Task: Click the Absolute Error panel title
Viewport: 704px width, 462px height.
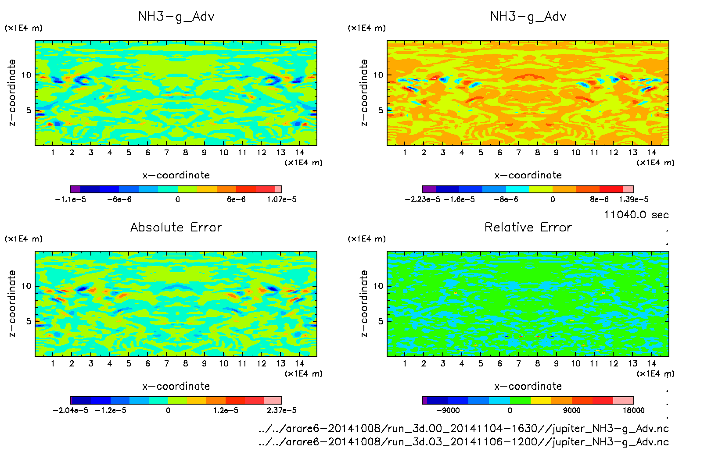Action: pos(176,227)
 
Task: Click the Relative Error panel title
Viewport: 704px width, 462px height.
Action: pos(528,227)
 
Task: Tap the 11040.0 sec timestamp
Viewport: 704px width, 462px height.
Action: pos(636,215)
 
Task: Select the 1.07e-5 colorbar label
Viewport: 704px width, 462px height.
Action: pos(281,199)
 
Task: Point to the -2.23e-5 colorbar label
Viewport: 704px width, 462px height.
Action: pos(422,199)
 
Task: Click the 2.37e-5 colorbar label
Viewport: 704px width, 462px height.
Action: pos(281,410)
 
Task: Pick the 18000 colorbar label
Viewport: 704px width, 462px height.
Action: pos(634,410)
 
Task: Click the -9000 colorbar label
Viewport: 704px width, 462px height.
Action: pos(448,410)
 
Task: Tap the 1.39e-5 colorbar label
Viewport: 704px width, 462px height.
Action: pos(633,199)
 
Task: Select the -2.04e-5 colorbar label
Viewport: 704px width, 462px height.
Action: pos(70,410)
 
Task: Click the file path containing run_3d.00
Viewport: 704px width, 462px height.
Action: pos(463,428)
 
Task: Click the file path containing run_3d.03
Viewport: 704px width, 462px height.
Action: pos(463,442)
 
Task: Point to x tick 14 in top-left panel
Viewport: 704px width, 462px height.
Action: pos(299,153)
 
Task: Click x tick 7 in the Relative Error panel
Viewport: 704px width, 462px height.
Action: pos(518,363)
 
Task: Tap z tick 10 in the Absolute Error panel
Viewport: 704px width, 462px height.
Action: pos(26,286)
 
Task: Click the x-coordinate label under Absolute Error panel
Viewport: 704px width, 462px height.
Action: pos(176,386)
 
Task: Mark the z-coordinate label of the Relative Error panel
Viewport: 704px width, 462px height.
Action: pos(364,303)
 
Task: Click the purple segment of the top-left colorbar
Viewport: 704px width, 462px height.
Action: pos(75,189)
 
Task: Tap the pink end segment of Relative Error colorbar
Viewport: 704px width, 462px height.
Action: pos(623,400)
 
